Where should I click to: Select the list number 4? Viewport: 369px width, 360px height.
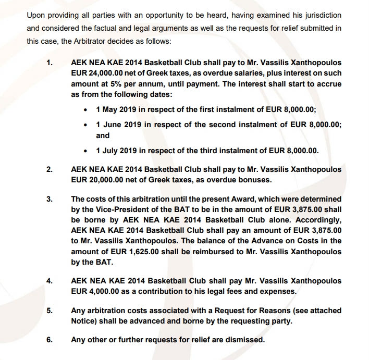tap(50, 281)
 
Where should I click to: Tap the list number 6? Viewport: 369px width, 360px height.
tap(50, 340)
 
